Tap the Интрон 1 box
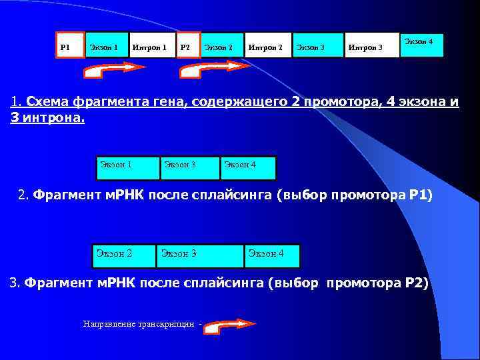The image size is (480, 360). point(152,45)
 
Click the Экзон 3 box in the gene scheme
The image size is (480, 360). point(319,45)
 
